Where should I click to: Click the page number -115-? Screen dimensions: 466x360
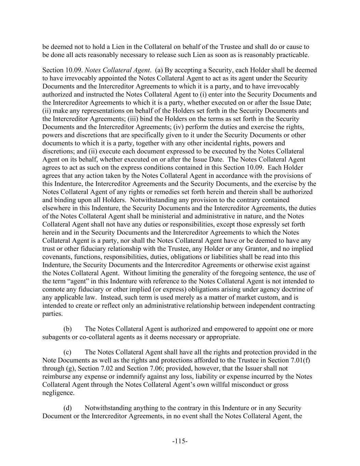point(180,441)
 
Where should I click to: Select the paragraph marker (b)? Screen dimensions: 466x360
point(68,329)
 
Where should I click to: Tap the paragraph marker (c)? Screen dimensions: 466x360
point(68,352)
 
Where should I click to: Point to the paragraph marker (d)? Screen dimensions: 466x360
point(68,408)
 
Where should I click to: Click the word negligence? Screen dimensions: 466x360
point(58,393)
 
